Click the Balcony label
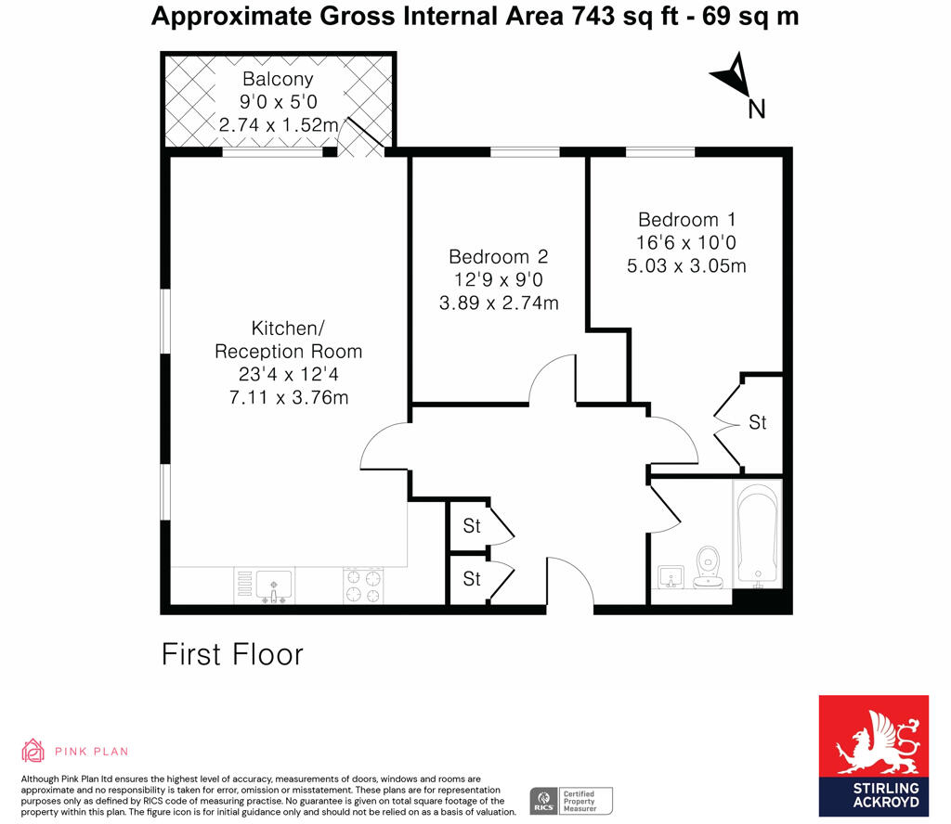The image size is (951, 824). (278, 79)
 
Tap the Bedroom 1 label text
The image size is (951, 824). (686, 220)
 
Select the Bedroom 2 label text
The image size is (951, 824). (498, 257)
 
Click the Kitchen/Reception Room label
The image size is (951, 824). (288, 340)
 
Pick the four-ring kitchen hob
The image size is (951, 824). (363, 585)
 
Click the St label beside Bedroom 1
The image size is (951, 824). (758, 422)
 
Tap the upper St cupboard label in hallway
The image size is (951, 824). (472, 526)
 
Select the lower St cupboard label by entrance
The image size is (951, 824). (472, 579)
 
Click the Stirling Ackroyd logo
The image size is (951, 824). (872, 755)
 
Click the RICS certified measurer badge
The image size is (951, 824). (572, 799)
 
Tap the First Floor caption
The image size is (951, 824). (232, 654)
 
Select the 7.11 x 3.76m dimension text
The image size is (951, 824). (288, 398)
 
